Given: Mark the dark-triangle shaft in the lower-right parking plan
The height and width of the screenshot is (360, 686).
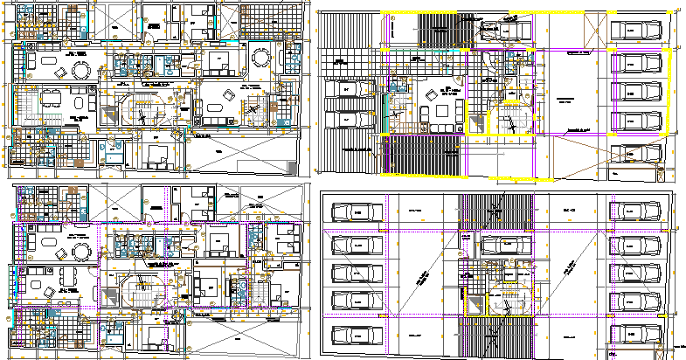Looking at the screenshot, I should tap(475, 303).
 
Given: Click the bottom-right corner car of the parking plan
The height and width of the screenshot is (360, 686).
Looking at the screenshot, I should tap(636, 335).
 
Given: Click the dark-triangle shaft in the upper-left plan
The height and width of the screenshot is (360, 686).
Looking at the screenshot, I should tap(109, 114).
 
